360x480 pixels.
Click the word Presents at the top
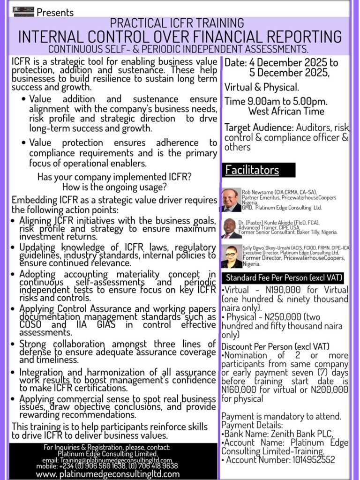(55, 12)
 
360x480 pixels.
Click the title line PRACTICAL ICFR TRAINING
(177, 22)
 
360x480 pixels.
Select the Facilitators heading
(252, 170)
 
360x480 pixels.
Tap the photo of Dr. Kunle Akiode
(231, 228)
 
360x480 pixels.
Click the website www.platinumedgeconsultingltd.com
(108, 473)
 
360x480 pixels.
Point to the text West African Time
(293, 112)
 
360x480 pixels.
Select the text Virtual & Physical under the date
(262, 87)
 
